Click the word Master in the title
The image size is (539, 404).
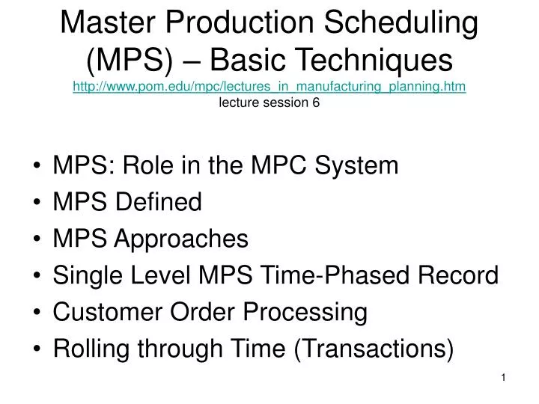[108, 22]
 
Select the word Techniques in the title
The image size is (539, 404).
[331, 60]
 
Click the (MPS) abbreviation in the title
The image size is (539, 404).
[130, 61]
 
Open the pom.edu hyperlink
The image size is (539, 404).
[269, 86]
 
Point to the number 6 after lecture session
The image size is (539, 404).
[316, 102]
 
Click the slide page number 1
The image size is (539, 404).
[503, 378]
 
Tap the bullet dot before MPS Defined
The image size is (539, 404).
[37, 202]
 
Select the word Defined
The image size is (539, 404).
[159, 201]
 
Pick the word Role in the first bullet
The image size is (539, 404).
[148, 165]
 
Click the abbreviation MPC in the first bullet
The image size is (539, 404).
[278, 165]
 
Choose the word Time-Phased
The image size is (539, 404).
[335, 275]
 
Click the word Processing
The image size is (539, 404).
[305, 313]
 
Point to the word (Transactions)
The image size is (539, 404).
[374, 349]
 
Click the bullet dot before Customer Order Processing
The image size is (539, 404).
[37, 312]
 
